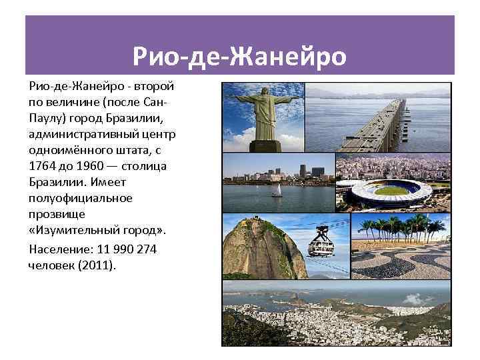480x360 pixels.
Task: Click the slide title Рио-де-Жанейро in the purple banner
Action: (239, 56)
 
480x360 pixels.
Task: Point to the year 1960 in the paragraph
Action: (89, 165)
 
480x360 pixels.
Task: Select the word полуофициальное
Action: (81, 198)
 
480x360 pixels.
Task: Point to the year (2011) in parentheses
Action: (97, 265)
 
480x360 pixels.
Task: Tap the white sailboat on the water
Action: (276, 191)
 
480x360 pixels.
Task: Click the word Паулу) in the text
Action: (48, 118)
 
